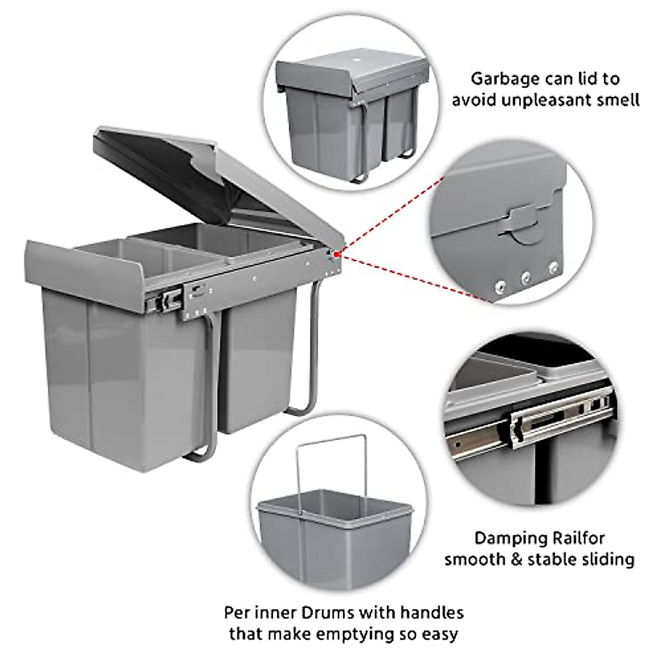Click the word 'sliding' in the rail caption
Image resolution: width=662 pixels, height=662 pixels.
coord(606,559)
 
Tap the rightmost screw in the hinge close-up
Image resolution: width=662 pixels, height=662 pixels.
coord(553,268)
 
